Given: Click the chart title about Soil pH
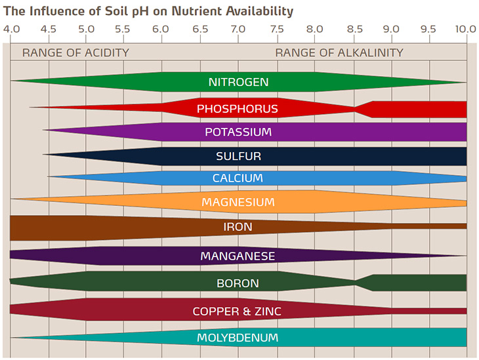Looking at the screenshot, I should [148, 12].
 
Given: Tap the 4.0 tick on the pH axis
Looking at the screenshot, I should [11, 30].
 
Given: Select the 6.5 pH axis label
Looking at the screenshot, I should [200, 30].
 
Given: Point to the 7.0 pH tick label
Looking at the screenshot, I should [238, 30].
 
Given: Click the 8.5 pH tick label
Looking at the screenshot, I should [354, 30].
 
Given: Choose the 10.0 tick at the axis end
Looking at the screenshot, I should [465, 30].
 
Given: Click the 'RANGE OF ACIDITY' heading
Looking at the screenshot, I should [75, 52].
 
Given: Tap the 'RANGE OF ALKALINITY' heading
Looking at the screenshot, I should [339, 52].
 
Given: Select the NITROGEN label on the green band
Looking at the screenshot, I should [238, 83].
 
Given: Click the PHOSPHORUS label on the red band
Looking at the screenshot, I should [237, 109].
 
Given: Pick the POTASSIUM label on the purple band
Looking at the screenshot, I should [238, 132].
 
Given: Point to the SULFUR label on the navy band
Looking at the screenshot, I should [238, 156].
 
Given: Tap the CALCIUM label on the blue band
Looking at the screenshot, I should [238, 178].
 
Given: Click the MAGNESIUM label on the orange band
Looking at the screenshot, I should [238, 202].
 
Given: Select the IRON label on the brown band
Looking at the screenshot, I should [238, 227].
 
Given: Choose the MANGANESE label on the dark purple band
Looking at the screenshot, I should [238, 256].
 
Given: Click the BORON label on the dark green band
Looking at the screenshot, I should [238, 283].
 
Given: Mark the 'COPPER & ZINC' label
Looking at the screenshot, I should [237, 311].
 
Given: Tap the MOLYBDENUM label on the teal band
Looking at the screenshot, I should [238, 338].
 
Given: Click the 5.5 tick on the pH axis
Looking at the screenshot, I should [123, 30].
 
